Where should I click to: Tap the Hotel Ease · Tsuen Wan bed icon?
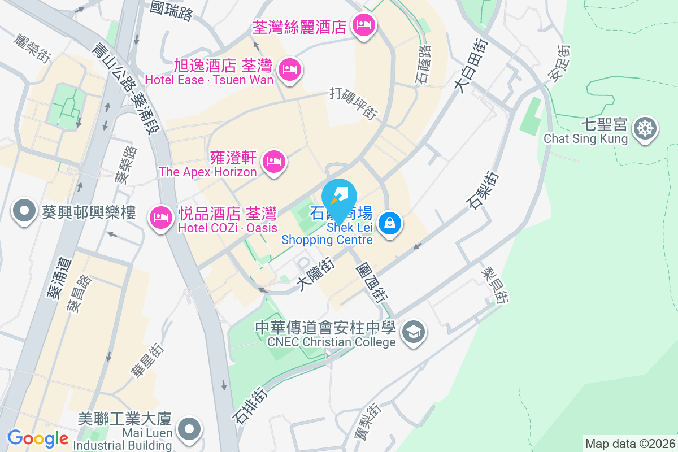290,69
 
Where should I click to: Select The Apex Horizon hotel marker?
274,162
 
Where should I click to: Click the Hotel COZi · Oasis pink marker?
161,217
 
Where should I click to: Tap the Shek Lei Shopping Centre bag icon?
390,223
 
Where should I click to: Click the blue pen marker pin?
339,197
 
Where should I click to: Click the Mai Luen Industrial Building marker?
189,430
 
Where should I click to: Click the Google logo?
38,438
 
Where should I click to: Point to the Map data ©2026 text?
630,444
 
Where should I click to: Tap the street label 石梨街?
483,189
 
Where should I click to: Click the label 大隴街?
316,274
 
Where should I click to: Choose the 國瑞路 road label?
172,10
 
